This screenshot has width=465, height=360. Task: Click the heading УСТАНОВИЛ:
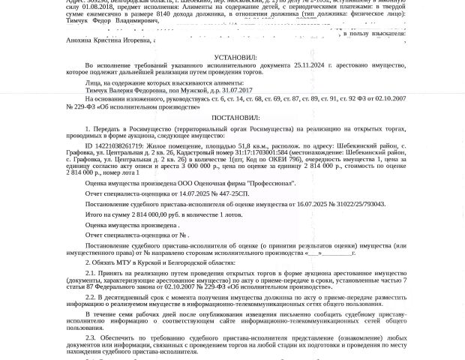click(x=235, y=57)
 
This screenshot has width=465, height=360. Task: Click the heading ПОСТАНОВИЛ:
click(x=235, y=118)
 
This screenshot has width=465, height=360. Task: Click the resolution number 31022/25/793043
click(x=355, y=204)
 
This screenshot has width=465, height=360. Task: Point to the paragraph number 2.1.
click(x=90, y=273)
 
